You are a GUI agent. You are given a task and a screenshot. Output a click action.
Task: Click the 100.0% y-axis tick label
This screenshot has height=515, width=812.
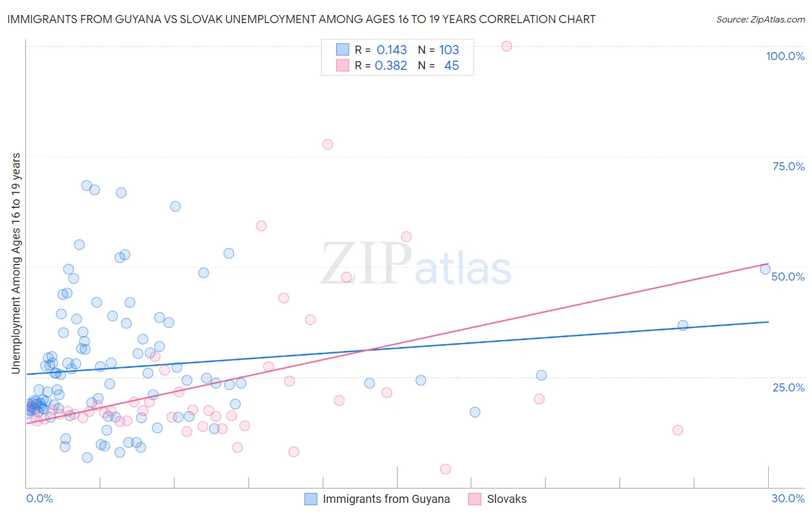pyautogui.click(x=785, y=56)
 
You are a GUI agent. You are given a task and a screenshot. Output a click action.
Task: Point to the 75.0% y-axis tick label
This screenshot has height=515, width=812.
pyautogui.click(x=788, y=166)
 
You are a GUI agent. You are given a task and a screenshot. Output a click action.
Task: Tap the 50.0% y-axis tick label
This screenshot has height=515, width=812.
pyautogui.click(x=788, y=277)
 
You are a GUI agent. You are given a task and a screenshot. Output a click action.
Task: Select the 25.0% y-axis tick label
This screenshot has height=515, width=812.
pyautogui.click(x=788, y=387)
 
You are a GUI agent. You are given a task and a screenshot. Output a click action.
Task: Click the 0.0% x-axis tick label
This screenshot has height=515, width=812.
pyautogui.click(x=39, y=498)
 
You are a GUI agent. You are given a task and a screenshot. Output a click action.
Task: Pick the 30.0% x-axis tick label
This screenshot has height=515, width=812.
pyautogui.click(x=788, y=498)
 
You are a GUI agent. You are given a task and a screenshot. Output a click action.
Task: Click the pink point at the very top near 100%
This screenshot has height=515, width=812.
pyautogui.click(x=506, y=46)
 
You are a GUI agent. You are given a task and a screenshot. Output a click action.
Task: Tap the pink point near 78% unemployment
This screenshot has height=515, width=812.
pyautogui.click(x=327, y=144)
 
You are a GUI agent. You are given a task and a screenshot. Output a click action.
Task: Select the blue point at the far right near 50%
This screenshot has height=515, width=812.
pyautogui.click(x=765, y=269)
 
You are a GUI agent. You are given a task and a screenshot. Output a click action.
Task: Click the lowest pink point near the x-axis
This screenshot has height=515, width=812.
pyautogui.click(x=445, y=469)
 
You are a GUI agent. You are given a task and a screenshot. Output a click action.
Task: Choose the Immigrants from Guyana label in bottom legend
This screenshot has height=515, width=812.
pyautogui.click(x=386, y=499)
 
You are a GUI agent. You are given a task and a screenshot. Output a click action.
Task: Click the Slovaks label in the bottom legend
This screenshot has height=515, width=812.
pyautogui.click(x=506, y=499)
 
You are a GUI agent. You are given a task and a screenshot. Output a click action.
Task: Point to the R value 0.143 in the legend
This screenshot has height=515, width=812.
pyautogui.click(x=392, y=50)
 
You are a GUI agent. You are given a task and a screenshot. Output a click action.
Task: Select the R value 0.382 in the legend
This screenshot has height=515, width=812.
pyautogui.click(x=391, y=66)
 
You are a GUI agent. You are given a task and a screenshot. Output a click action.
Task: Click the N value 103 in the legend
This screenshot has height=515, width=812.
pyautogui.click(x=449, y=50)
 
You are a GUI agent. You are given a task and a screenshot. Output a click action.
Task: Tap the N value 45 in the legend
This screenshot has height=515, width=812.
pyautogui.click(x=452, y=66)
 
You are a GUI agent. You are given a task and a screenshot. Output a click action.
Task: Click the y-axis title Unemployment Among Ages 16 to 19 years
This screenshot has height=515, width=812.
pyautogui.click(x=16, y=263)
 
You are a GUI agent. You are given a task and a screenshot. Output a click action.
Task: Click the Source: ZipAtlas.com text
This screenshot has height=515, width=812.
pyautogui.click(x=760, y=20)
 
